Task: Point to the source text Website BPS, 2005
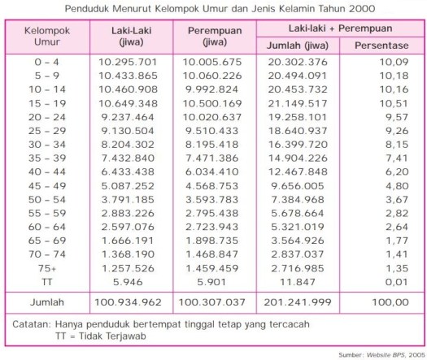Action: click(391, 354)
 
